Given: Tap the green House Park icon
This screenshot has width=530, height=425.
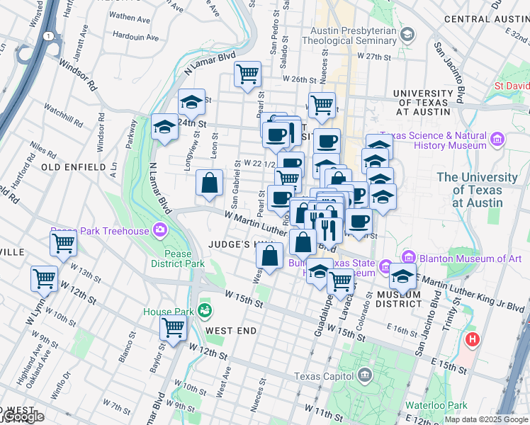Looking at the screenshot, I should (205, 310).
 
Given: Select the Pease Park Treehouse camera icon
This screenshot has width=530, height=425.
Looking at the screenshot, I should (161, 230).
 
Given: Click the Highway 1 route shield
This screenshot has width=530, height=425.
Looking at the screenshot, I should (47, 35).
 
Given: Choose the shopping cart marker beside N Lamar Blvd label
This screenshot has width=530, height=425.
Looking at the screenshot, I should (247, 74).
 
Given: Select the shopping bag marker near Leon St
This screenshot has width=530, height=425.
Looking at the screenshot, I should (210, 183).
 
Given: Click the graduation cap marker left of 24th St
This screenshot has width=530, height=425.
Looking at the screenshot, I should (164, 127).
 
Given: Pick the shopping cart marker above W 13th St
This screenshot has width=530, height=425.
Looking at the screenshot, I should (45, 278).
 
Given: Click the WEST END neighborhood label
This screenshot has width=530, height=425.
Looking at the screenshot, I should (230, 330).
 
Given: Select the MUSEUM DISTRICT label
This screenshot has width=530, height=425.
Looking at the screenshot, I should (399, 299).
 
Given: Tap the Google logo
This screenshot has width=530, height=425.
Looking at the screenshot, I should (23, 417).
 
